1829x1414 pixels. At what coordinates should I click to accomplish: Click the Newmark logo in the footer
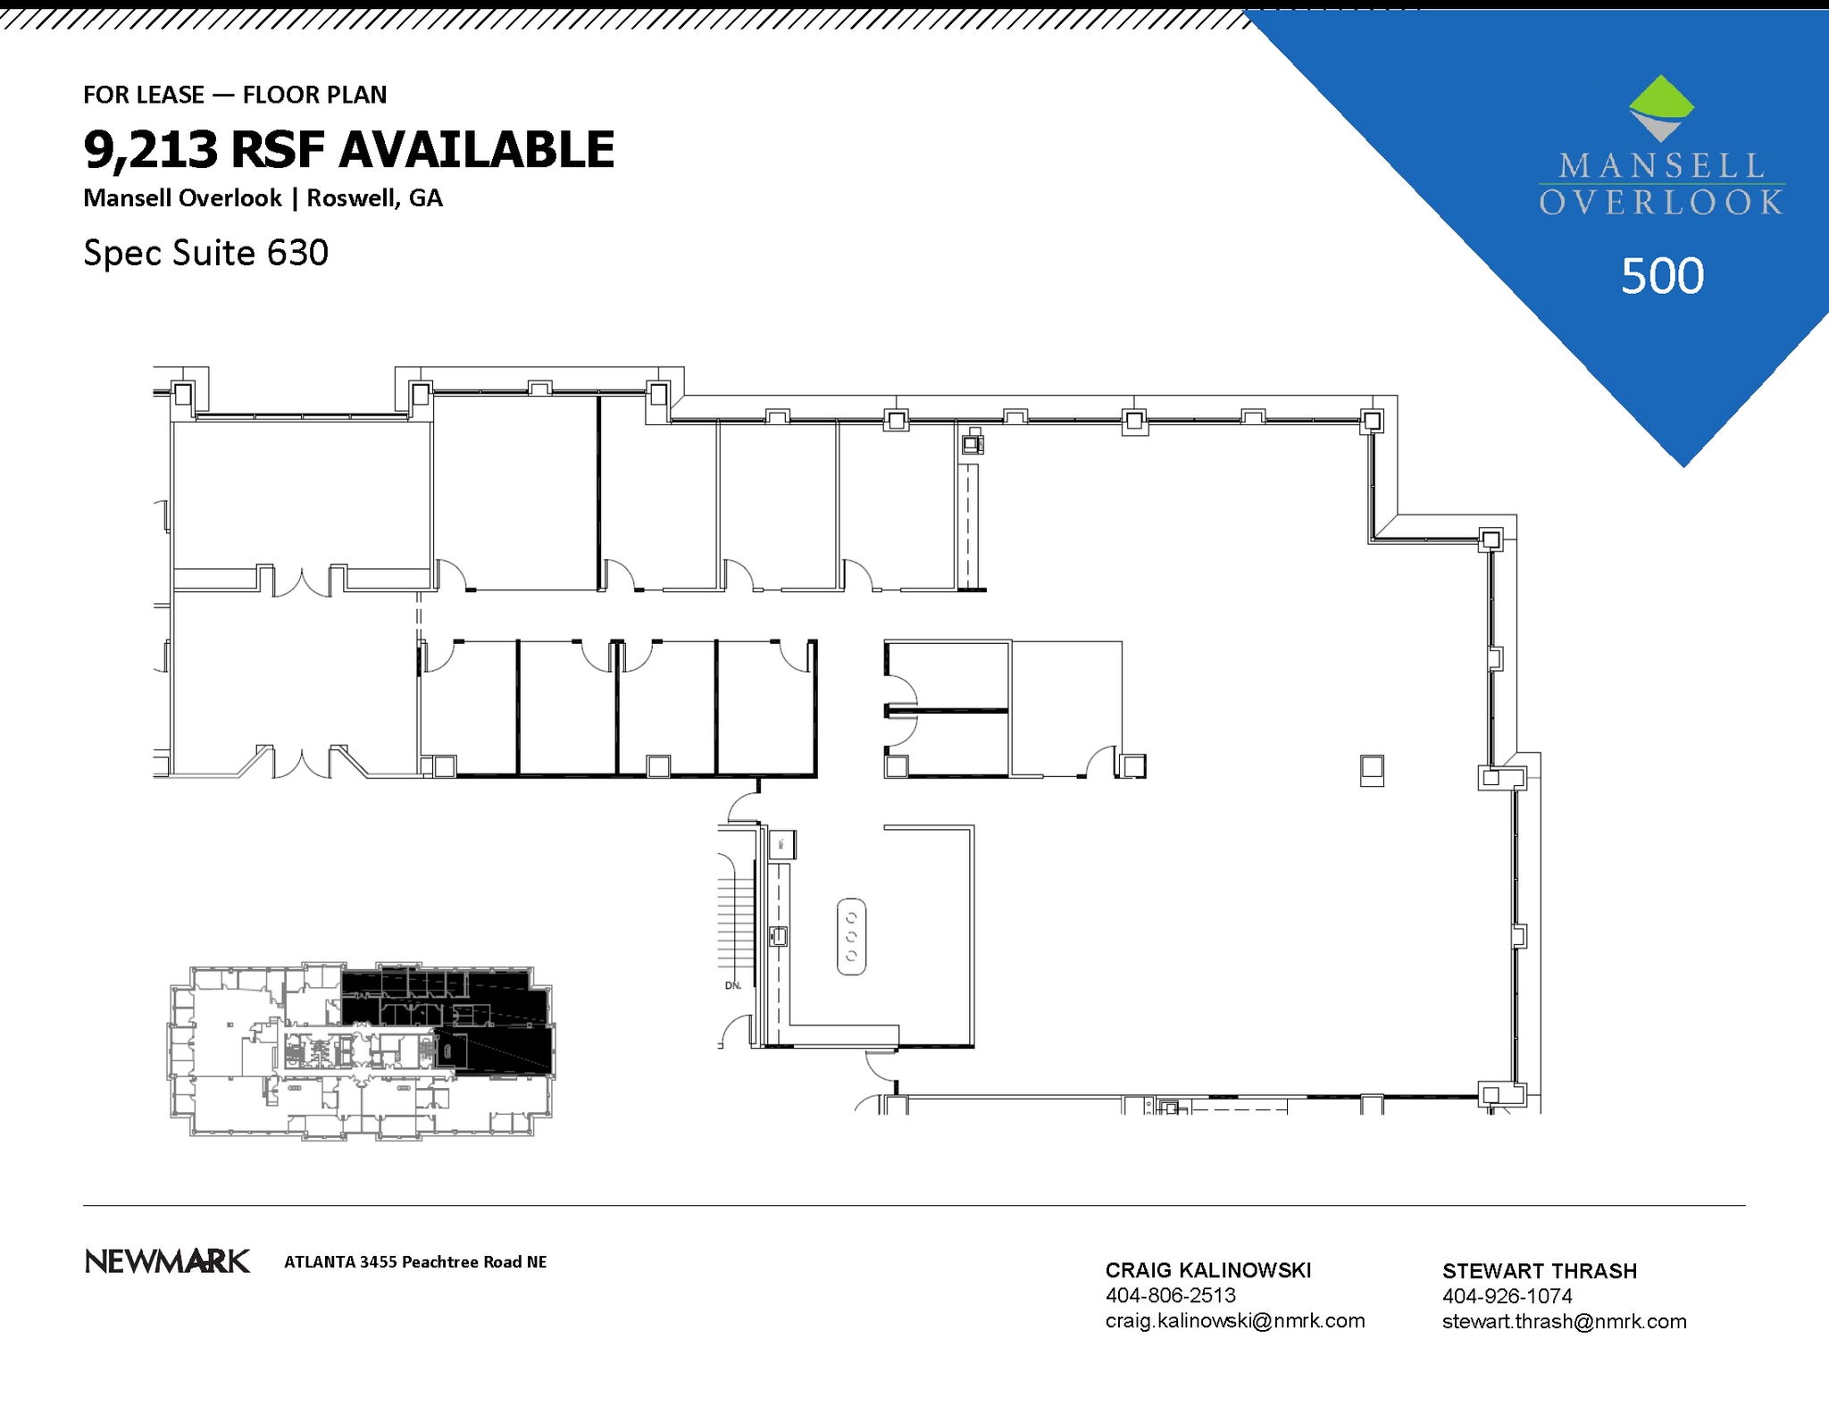point(167,1261)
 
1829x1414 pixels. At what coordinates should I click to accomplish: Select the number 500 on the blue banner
point(1662,276)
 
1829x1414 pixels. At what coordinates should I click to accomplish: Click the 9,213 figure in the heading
point(150,149)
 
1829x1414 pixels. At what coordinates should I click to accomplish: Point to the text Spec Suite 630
point(205,253)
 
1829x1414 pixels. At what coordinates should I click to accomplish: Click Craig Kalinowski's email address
point(1234,1320)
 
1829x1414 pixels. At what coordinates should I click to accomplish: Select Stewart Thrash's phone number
point(1507,1295)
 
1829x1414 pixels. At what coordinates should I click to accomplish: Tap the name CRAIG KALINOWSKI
point(1207,1270)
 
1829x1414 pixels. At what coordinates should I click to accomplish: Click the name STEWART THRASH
point(1539,1271)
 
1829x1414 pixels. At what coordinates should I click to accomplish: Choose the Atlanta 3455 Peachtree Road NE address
point(415,1262)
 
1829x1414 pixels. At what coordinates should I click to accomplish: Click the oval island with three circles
point(851,936)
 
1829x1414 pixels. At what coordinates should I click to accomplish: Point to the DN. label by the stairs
point(733,985)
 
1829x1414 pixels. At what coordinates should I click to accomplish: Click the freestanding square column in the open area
point(1372,769)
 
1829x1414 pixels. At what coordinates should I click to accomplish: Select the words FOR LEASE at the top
point(144,95)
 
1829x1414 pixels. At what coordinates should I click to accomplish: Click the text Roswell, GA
point(374,198)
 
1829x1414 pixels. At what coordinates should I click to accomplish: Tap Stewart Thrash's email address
point(1564,1321)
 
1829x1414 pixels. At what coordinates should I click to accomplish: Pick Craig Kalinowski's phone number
point(1170,1295)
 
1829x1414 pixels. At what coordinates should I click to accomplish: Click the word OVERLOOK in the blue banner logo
point(1661,203)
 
